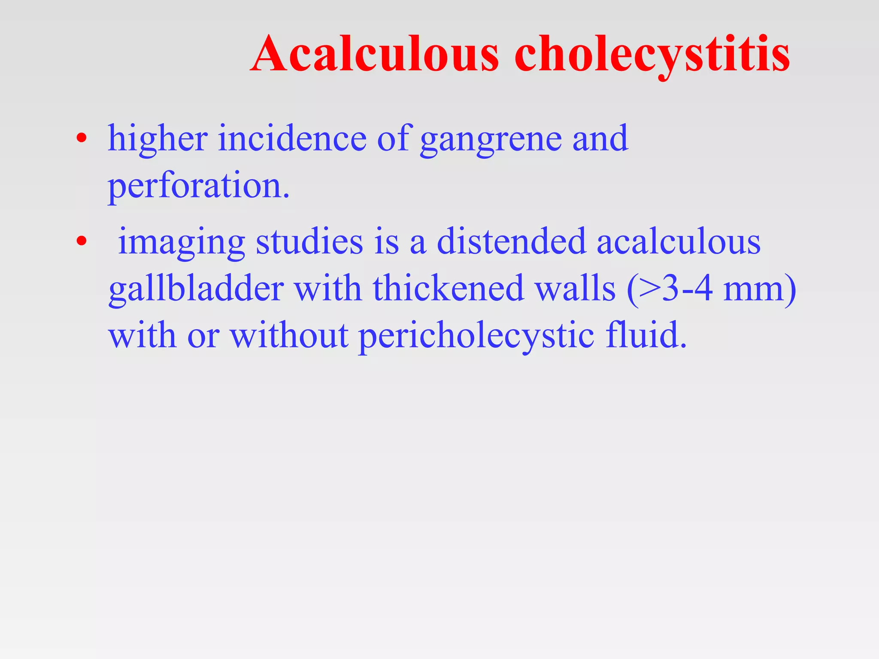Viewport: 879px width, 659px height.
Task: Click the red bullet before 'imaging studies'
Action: click(x=81, y=242)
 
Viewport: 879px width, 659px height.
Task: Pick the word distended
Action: click(x=511, y=242)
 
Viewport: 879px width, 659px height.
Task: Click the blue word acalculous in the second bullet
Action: click(x=679, y=242)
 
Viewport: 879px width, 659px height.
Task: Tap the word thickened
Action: click(x=449, y=288)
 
